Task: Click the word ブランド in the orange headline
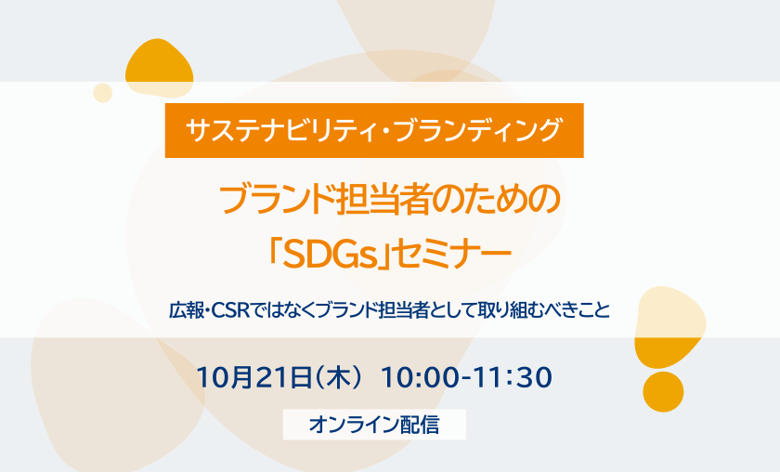[278, 199]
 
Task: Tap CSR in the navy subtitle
[230, 310]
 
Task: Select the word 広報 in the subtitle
[187, 310]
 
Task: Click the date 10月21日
[254, 377]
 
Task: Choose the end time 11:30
[513, 377]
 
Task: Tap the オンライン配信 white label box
[374, 425]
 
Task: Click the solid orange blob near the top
[159, 69]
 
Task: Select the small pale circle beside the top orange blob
[103, 93]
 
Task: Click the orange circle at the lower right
[663, 392]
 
